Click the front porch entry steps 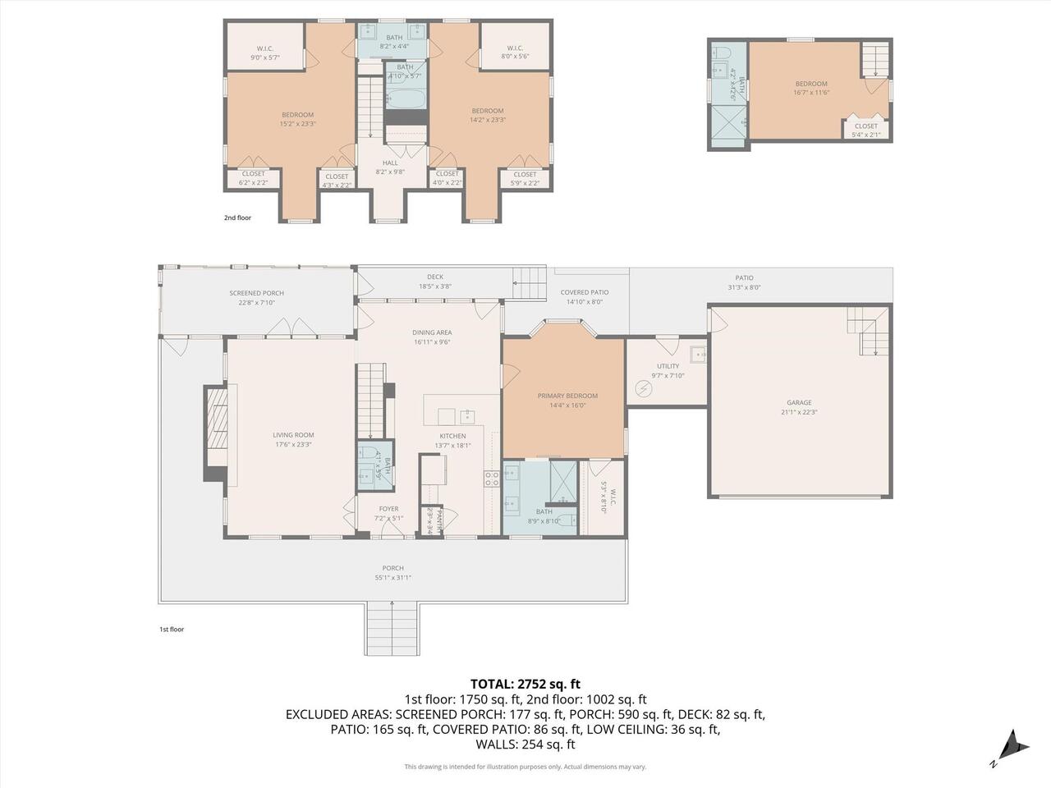(392, 627)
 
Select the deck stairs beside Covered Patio (530, 284)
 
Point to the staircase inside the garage (869, 332)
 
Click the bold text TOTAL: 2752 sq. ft (525, 683)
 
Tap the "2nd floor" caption (238, 218)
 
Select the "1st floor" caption (172, 630)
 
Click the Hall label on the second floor (390, 163)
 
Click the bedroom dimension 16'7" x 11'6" (810, 93)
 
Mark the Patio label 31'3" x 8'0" (744, 287)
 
